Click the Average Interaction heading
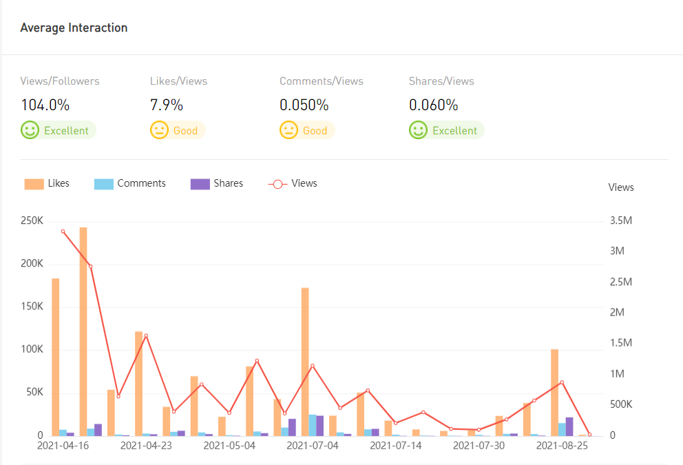tap(74, 28)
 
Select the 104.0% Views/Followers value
tap(45, 105)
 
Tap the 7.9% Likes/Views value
tap(167, 105)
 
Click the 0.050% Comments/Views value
tap(304, 105)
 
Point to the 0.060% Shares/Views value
tap(433, 105)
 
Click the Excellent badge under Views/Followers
tap(59, 130)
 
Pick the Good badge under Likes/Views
tap(178, 130)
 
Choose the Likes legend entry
tap(47, 184)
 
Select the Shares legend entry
tap(217, 184)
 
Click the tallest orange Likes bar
tap(83, 331)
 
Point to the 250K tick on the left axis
tap(32, 221)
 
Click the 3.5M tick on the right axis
tap(621, 221)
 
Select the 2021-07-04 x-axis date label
tap(313, 446)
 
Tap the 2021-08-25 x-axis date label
tap(562, 446)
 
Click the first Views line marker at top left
tap(63, 231)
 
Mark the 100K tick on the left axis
tap(32, 350)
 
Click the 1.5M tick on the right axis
tap(621, 343)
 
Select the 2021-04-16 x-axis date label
tap(63, 446)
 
